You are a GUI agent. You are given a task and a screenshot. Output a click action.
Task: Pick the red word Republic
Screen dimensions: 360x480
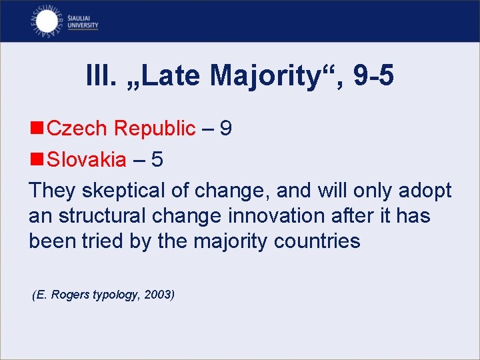coord(155,129)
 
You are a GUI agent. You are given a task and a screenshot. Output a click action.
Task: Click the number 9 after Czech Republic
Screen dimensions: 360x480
coord(225,128)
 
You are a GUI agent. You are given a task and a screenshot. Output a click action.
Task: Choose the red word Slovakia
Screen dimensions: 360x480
coord(87,159)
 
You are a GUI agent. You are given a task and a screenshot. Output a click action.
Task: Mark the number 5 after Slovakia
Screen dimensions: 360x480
coord(157,159)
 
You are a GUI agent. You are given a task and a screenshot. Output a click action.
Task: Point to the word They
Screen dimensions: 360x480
coord(52,191)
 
